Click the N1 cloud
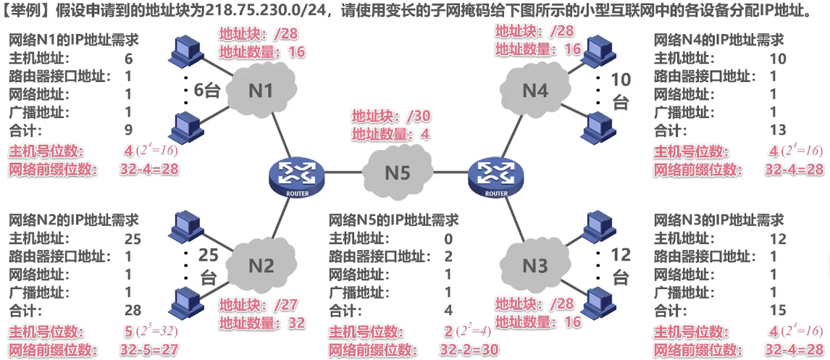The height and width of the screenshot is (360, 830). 261,91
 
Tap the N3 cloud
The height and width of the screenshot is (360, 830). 535,266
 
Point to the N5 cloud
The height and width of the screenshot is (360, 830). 397,172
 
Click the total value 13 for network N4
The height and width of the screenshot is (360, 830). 777,130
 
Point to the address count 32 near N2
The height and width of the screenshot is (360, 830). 297,324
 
